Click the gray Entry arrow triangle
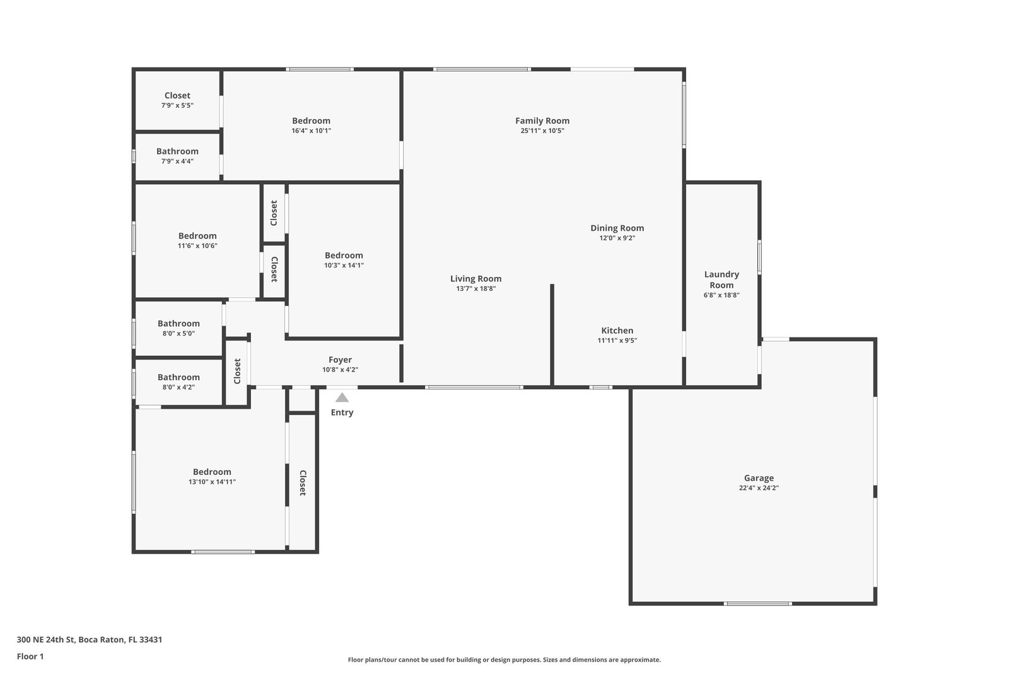click(x=342, y=397)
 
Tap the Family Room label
click(x=542, y=120)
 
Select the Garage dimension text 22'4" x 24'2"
click(x=759, y=488)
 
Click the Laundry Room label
click(x=721, y=280)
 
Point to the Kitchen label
click(x=617, y=331)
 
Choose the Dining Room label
click(x=617, y=228)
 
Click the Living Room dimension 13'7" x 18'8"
click(x=475, y=289)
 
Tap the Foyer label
click(x=340, y=360)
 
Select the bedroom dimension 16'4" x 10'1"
click(x=312, y=131)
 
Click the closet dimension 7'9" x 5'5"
click(x=177, y=106)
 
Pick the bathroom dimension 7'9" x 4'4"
click(x=177, y=161)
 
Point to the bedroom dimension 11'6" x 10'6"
click(x=197, y=246)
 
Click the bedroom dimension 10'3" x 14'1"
click(x=344, y=266)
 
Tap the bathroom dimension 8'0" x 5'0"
click(x=178, y=334)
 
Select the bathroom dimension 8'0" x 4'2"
click(x=178, y=387)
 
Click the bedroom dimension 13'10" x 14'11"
click(x=212, y=482)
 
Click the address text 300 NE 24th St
click(x=45, y=640)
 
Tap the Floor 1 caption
click(x=30, y=657)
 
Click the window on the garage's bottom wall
click(x=757, y=604)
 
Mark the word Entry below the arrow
click(x=342, y=413)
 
